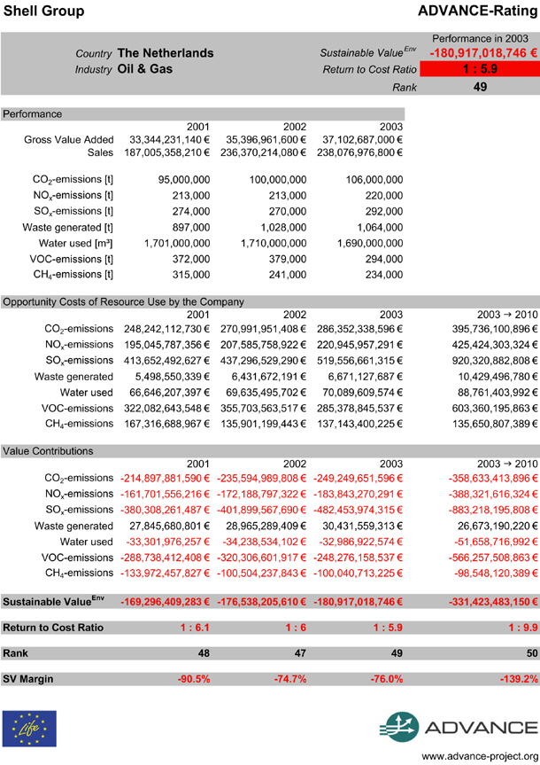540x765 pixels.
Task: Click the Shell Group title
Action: [x=43, y=11]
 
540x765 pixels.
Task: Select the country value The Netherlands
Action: [x=166, y=53]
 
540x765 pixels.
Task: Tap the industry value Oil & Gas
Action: [x=145, y=68]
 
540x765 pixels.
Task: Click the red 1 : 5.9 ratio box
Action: [x=479, y=69]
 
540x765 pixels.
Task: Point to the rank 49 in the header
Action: [x=479, y=87]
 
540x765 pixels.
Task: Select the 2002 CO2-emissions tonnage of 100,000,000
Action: [x=274, y=179]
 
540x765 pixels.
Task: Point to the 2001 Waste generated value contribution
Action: [x=164, y=526]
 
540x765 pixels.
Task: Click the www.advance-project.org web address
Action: [x=480, y=756]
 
